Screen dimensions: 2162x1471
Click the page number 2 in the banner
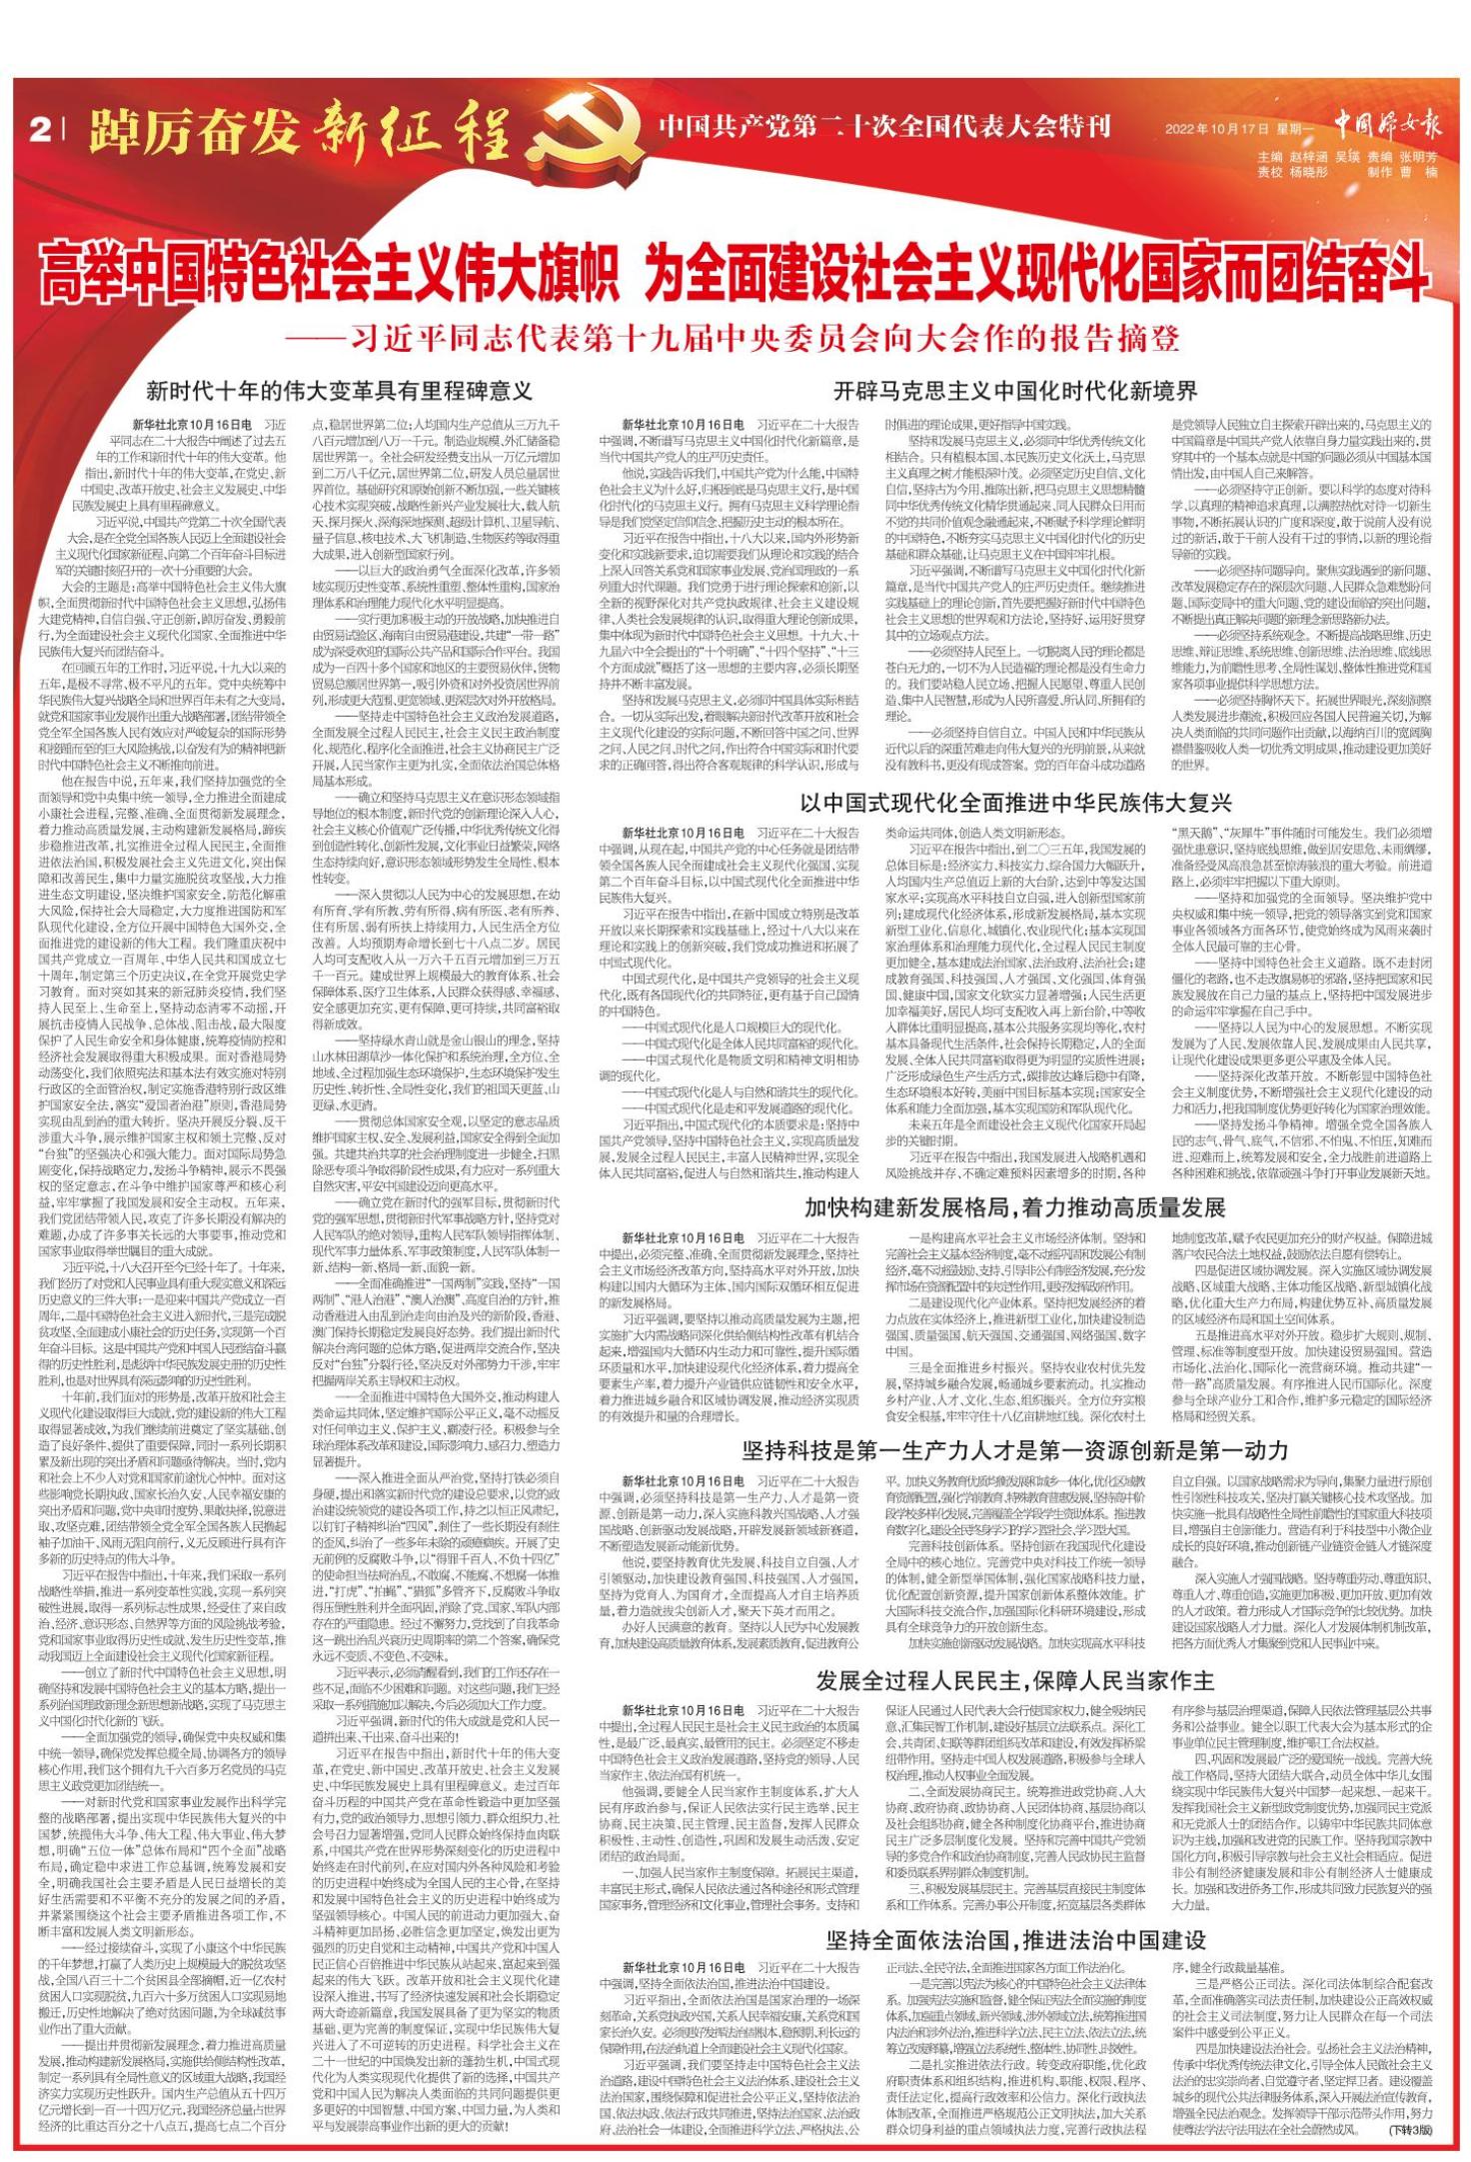click(x=40, y=130)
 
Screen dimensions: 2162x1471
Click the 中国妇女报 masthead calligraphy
click(x=1388, y=126)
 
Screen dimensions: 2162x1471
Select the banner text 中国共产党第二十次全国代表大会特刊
click(x=884, y=127)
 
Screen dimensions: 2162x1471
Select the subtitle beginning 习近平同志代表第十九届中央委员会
click(x=735, y=336)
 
